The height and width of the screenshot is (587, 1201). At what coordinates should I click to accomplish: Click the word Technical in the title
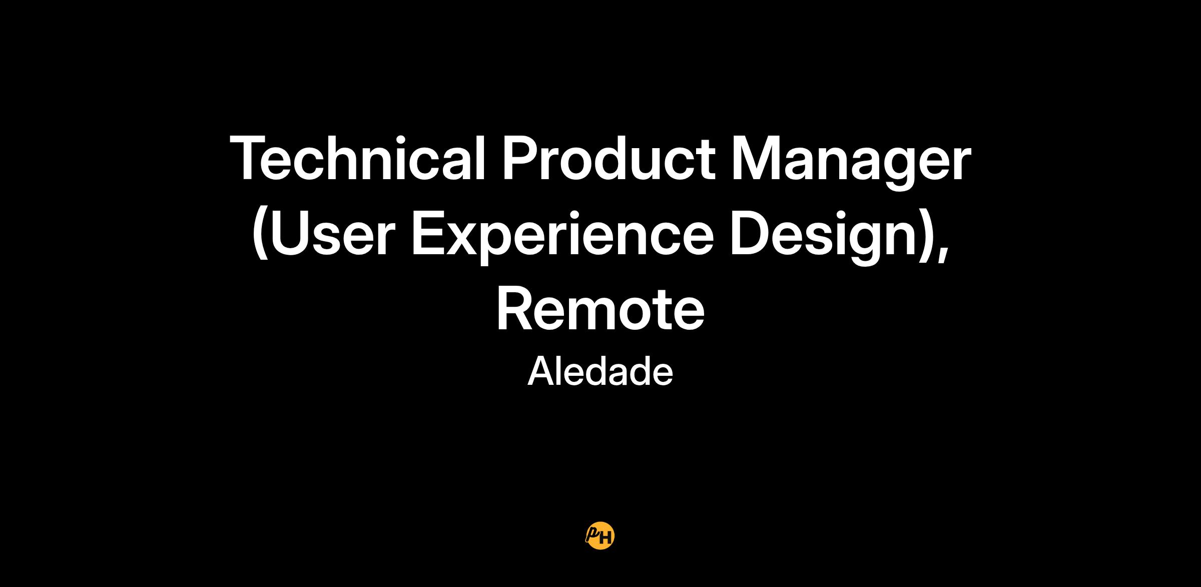coord(358,157)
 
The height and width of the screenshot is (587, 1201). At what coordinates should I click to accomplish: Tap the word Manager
coord(851,162)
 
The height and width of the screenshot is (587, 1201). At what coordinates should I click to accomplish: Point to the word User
coord(330,232)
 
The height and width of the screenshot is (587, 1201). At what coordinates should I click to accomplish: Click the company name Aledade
coord(600,371)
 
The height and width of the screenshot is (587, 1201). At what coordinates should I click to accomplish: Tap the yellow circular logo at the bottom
coord(600,536)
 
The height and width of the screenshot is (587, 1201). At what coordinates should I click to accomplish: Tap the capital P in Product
coord(520,157)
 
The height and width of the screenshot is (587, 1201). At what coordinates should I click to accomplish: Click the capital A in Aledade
coord(541,371)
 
